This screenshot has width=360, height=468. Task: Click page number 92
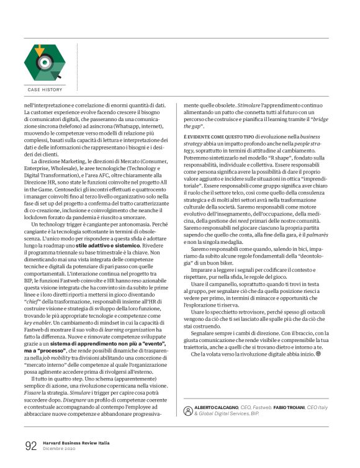point(31,446)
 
